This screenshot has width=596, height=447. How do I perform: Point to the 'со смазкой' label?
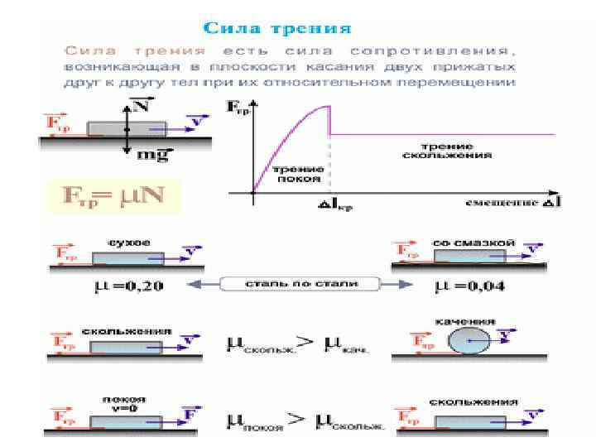(x=473, y=243)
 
